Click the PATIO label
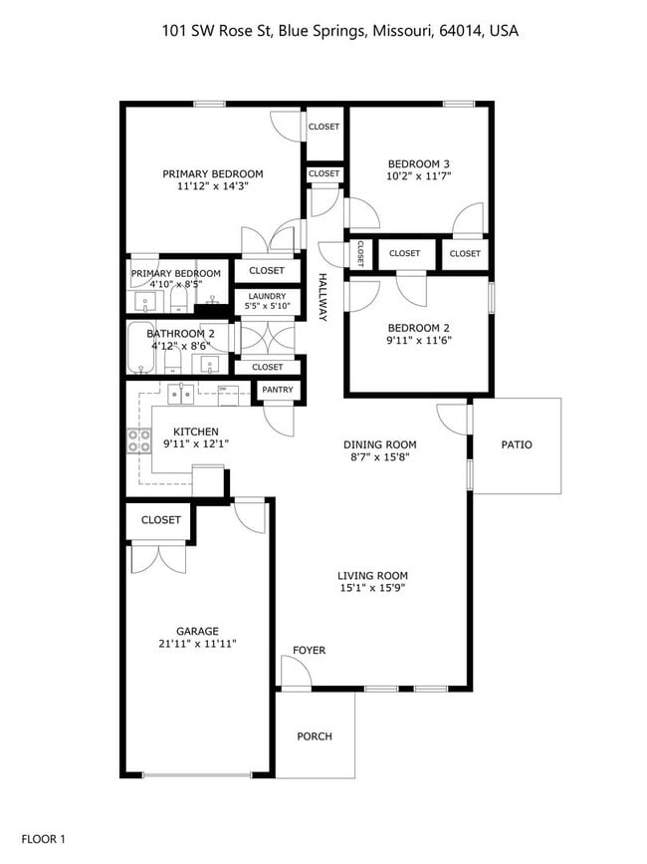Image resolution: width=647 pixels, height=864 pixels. click(x=516, y=444)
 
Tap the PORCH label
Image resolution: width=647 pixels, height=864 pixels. click(x=315, y=736)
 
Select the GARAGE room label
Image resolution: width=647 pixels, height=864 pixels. click(x=197, y=630)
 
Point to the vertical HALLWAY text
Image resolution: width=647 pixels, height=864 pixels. click(x=323, y=297)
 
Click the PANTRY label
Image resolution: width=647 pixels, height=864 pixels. click(x=278, y=390)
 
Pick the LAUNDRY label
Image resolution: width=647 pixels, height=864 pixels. click(x=267, y=296)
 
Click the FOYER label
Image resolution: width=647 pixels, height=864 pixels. click(x=309, y=651)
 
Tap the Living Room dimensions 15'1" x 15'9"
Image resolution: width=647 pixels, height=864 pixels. click(x=372, y=588)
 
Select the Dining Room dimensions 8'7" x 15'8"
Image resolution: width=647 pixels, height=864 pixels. click(x=379, y=457)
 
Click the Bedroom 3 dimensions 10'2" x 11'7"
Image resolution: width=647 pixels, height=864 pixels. click(x=419, y=176)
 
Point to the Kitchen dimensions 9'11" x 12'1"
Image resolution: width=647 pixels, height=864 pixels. click(x=196, y=443)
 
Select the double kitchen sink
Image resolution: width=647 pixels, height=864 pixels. click(x=181, y=394)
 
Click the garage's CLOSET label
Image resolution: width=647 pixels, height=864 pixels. click(x=160, y=520)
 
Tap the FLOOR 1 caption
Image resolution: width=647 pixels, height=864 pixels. click(x=43, y=839)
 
